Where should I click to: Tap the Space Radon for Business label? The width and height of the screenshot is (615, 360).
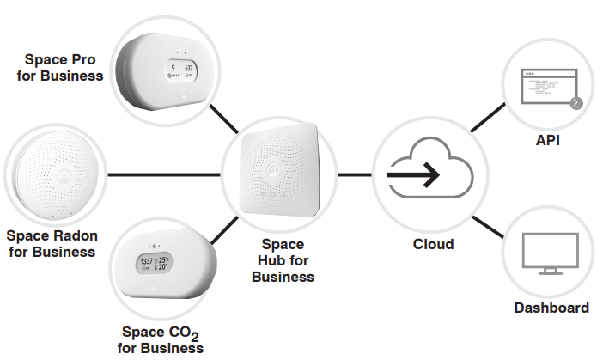pos(51,243)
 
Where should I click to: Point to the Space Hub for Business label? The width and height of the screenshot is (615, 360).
pos(283,261)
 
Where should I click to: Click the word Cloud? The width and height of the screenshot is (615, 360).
pos(433,244)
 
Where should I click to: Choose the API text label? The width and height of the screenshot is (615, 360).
pos(547,138)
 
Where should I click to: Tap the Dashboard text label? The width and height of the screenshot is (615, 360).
pos(551,308)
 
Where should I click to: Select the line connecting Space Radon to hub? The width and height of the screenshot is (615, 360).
pos(163,174)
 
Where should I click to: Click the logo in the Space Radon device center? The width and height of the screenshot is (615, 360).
pos(61,175)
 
